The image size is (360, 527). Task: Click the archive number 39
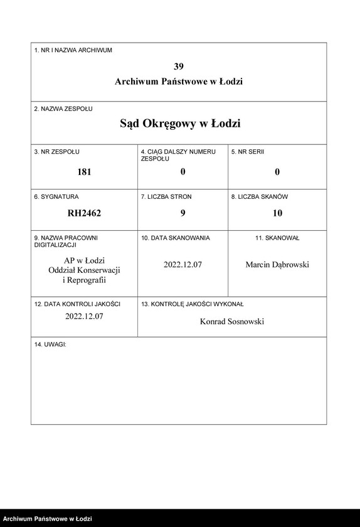tap(179, 66)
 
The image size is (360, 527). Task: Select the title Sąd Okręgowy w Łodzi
tap(180, 124)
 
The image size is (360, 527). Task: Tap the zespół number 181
tap(84, 172)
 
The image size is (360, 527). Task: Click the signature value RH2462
tap(84, 213)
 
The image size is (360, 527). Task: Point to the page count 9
tap(183, 213)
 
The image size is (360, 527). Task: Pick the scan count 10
tap(277, 213)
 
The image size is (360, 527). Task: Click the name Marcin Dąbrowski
tap(277, 265)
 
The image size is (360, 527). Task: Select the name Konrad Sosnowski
tap(232, 321)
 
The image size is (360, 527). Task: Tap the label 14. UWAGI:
tap(50, 345)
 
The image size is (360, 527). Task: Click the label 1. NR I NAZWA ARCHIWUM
tap(73, 50)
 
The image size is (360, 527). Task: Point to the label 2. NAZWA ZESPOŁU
tap(63, 109)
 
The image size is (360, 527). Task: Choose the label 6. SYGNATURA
tap(56, 197)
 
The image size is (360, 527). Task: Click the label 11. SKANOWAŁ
tap(277, 238)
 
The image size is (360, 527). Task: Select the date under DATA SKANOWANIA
tap(183, 265)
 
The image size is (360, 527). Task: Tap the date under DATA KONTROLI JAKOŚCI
tap(84, 317)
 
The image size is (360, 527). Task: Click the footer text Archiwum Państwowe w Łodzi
tap(48, 519)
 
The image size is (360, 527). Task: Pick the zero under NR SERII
tap(277, 172)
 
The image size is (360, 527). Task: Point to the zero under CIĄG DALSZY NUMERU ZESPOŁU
tap(183, 172)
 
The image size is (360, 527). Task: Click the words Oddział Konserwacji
tap(84, 270)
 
